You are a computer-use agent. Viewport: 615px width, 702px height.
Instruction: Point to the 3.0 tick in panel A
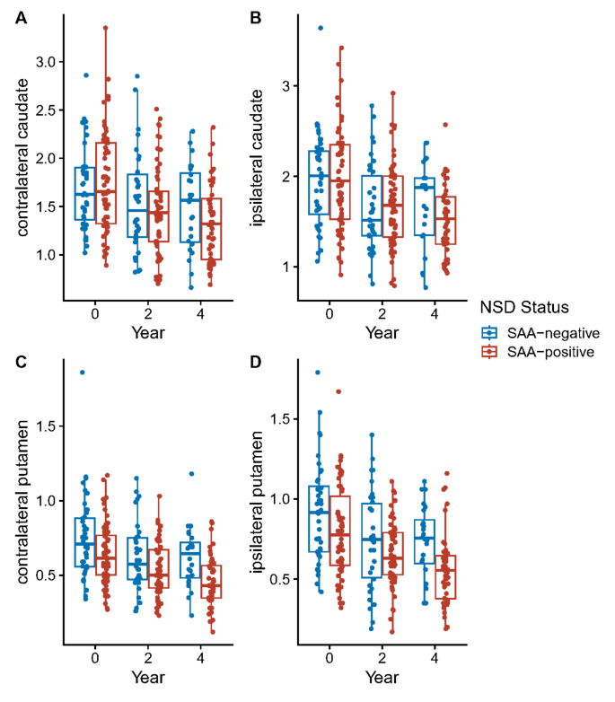coord(43,61)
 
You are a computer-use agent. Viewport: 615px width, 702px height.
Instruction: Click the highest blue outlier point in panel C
coord(83,372)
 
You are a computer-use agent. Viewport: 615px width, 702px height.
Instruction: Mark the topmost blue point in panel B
coord(321,28)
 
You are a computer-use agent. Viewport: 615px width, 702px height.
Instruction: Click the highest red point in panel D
coord(338,391)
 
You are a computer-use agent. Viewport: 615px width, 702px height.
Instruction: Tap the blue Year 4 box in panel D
coord(425,541)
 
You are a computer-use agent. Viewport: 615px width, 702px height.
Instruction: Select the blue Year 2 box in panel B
coord(372,206)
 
